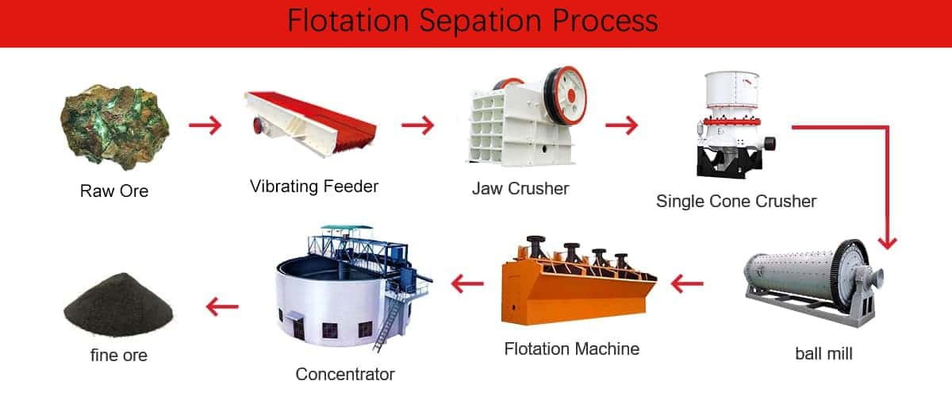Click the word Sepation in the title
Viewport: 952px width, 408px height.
click(x=481, y=21)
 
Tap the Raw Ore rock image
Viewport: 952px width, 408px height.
click(x=115, y=126)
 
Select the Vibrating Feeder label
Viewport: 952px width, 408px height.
click(x=314, y=187)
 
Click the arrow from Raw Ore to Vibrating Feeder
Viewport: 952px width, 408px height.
click(x=205, y=125)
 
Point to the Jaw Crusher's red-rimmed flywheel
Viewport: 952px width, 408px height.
click(x=566, y=95)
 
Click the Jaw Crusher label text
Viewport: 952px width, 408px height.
click(x=520, y=188)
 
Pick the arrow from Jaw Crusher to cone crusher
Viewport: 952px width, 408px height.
click(x=622, y=125)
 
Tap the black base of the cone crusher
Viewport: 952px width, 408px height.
click(x=728, y=163)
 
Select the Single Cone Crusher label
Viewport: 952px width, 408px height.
click(x=736, y=202)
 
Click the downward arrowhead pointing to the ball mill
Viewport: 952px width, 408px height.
click(x=888, y=244)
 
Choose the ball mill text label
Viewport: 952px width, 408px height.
click(x=823, y=353)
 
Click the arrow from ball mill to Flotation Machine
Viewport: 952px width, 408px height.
click(x=687, y=283)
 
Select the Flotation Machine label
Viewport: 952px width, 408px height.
click(x=572, y=348)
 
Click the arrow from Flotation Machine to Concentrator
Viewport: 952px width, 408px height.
click(x=467, y=283)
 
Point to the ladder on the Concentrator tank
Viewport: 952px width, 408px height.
click(x=389, y=323)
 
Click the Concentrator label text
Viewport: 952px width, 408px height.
click(x=344, y=375)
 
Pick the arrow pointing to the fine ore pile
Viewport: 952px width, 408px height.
click(x=222, y=306)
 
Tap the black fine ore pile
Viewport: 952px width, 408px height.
click(x=118, y=304)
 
